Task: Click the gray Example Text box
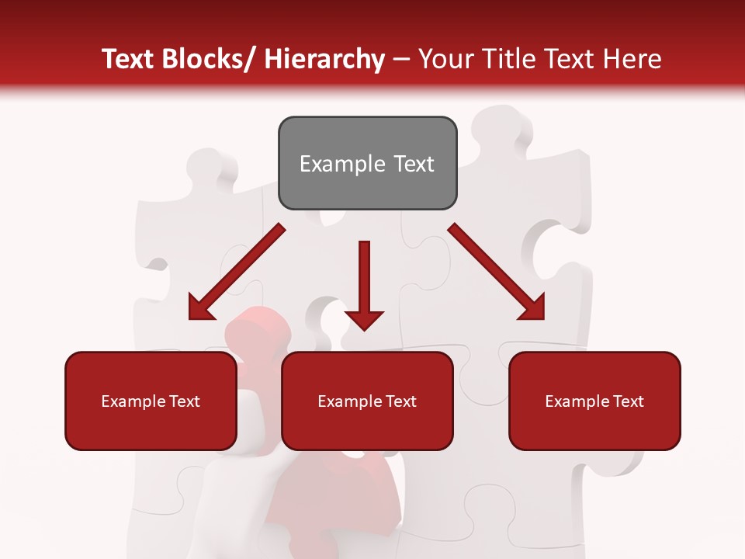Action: pos(367,163)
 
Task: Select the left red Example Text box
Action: pos(151,401)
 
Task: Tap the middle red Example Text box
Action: pos(367,401)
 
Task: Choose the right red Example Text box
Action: pos(594,401)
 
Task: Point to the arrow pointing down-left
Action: pos(237,272)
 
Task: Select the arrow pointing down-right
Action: pos(497,272)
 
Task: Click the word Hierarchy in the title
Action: pos(325,59)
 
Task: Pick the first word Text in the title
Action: pos(130,59)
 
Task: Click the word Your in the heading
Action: pos(444,59)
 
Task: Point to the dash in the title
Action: pos(401,61)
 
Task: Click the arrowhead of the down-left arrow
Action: pos(200,309)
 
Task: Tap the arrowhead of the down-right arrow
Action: pos(532,308)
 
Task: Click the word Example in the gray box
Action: pos(331,164)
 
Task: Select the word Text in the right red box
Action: pos(628,401)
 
